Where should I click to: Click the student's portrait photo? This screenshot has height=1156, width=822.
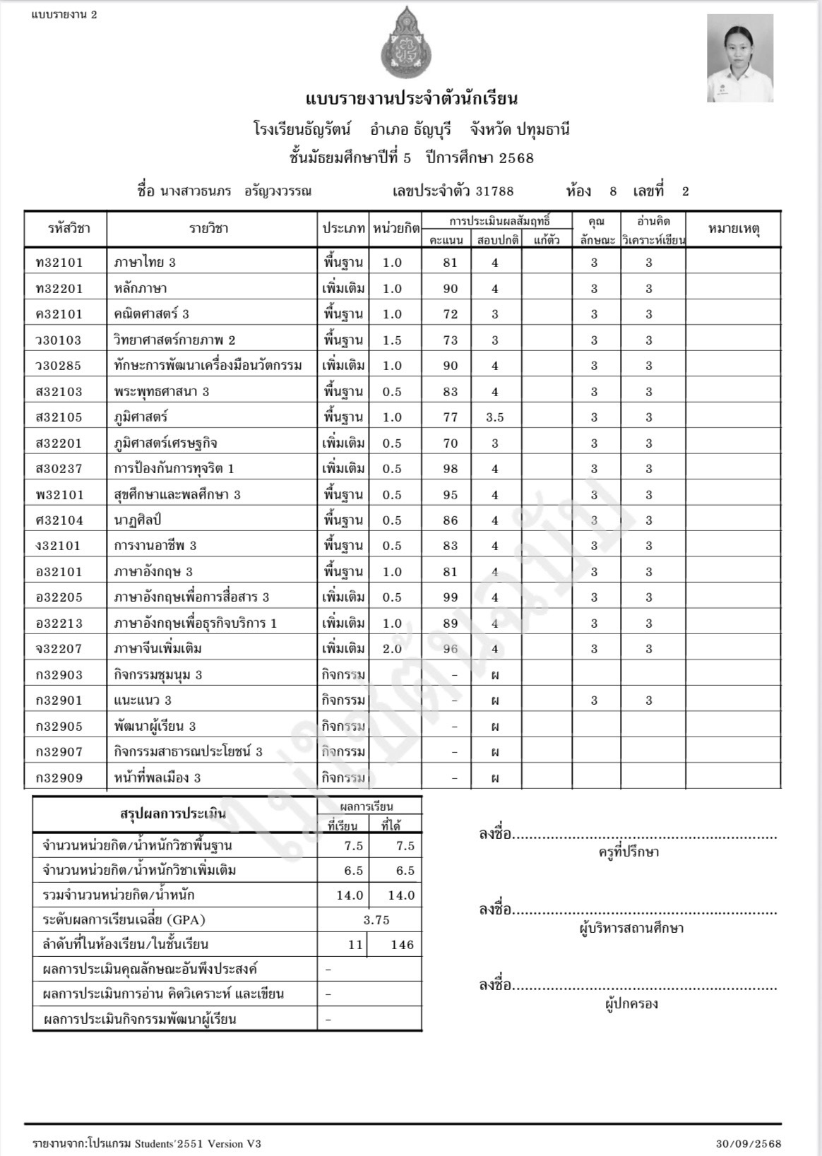[x=740, y=59]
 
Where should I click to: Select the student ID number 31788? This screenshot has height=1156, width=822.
[x=494, y=191]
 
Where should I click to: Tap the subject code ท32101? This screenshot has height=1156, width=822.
[x=59, y=263]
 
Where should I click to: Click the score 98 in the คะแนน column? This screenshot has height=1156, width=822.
[x=450, y=469]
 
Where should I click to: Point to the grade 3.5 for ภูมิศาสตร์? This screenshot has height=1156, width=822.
[x=495, y=417]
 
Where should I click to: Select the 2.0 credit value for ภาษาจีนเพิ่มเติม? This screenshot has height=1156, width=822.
[x=392, y=649]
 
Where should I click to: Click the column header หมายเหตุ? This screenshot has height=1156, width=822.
[x=733, y=229]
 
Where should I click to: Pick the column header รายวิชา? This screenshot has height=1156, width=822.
[x=208, y=229]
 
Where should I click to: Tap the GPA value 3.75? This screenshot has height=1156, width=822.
[x=376, y=920]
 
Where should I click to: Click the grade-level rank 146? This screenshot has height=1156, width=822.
[x=402, y=945]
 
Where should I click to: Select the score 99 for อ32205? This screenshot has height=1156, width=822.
[x=450, y=597]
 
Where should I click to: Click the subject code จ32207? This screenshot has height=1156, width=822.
[x=59, y=649]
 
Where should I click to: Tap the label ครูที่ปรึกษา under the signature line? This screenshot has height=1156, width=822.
[x=629, y=852]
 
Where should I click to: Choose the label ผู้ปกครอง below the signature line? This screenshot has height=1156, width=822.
[x=631, y=1004]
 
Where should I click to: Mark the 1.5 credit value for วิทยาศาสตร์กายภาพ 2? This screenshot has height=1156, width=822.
[x=392, y=340]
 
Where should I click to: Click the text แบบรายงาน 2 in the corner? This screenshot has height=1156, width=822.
[x=64, y=15]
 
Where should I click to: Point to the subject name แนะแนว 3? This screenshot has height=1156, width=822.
[x=143, y=701]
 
